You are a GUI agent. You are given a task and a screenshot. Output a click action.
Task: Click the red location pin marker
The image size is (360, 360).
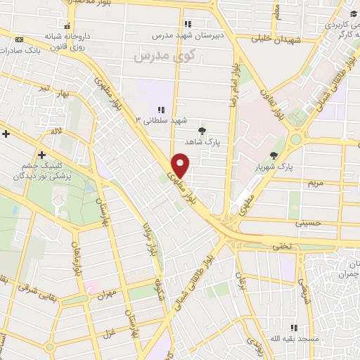pyautogui.click(x=181, y=165)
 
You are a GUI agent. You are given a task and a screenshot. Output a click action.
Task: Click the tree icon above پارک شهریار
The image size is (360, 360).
pyautogui.click(x=274, y=155)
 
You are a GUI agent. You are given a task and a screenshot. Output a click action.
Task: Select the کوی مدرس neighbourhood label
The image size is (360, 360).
pyautogui.click(x=153, y=55)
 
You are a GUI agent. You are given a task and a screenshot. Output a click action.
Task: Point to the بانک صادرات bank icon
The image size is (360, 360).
pyautogui.click(x=18, y=39)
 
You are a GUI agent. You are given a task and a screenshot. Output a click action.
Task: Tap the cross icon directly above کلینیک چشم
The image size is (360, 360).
pyautogui.click(x=42, y=155)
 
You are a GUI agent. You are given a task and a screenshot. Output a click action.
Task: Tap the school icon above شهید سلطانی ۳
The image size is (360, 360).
pyautogui.click(x=161, y=110)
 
